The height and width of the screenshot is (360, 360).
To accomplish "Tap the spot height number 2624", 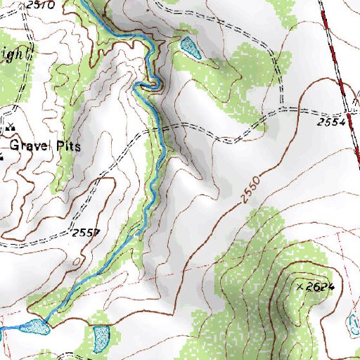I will tap(319, 286).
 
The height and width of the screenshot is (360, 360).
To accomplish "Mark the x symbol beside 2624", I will tap(300, 287).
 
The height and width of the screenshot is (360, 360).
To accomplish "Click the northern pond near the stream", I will tap(190, 47).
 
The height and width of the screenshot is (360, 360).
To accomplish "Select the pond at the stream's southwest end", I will tap(34, 326).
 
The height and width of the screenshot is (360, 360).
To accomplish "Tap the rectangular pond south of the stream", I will tap(101, 338).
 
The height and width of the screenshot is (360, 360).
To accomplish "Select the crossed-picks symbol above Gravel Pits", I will tap(9, 129).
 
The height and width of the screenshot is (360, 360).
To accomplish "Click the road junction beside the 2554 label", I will tap(349, 110).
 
